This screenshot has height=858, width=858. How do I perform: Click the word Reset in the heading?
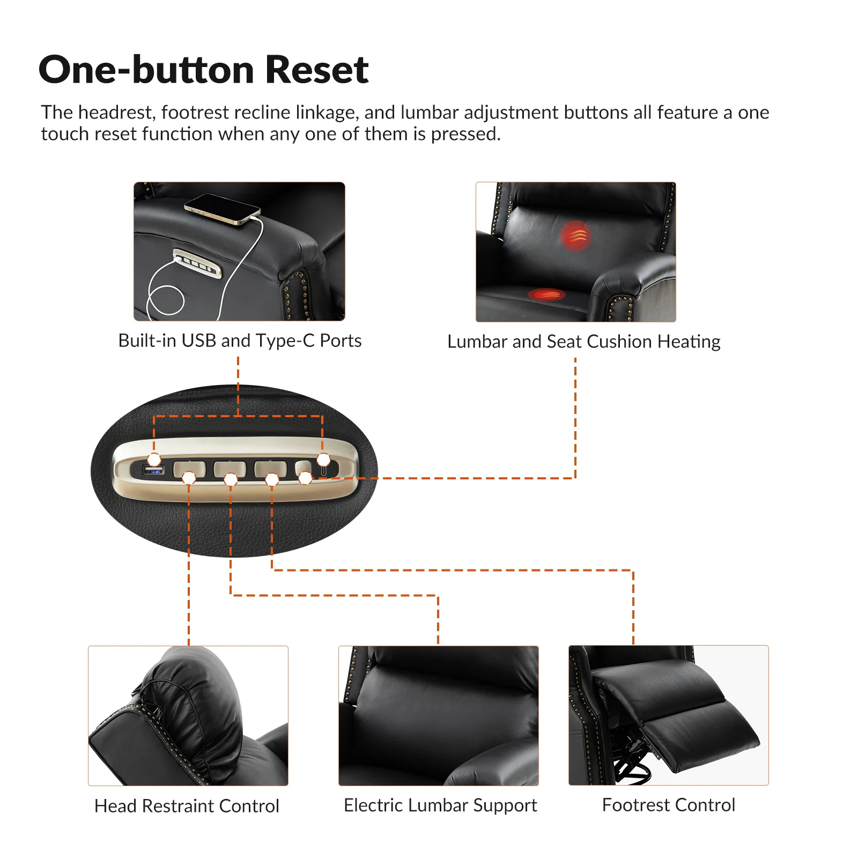[x=317, y=70]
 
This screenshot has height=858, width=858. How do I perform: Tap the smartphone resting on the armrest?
[x=222, y=209]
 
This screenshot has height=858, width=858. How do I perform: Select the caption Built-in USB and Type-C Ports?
[x=240, y=341]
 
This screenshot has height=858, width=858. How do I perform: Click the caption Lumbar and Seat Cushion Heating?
[x=584, y=342]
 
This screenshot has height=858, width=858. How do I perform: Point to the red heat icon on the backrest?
[x=575, y=236]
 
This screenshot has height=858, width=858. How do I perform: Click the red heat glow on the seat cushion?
[x=546, y=294]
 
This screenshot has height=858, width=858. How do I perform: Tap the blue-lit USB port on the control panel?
[x=154, y=470]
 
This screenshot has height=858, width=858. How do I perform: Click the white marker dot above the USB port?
[x=154, y=460]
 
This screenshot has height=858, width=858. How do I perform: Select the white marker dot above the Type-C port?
[x=323, y=460]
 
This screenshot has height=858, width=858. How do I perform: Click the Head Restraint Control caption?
[x=187, y=806]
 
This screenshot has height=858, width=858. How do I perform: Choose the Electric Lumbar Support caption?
[x=440, y=805]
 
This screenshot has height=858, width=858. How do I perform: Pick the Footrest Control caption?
[x=668, y=805]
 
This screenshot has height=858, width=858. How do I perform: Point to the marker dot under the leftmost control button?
[x=189, y=478]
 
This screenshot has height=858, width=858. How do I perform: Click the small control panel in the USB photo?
[x=197, y=263]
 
